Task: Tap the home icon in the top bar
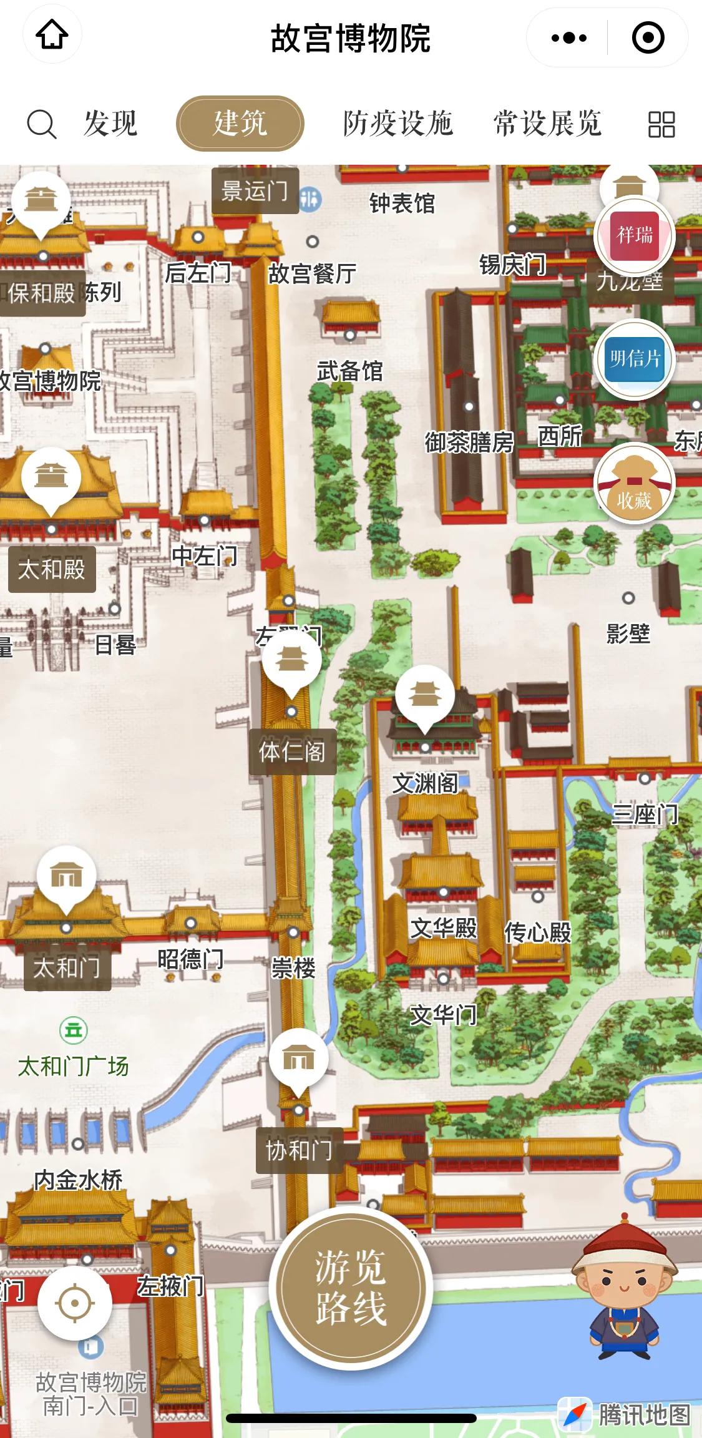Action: pyautogui.click(x=52, y=36)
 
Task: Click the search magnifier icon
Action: pyautogui.click(x=41, y=124)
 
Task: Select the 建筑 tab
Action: pyautogui.click(x=240, y=123)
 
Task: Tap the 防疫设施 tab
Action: pyautogui.click(x=397, y=123)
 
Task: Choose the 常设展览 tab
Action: pyautogui.click(x=547, y=123)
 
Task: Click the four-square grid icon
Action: pyautogui.click(x=661, y=124)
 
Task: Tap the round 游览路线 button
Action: pyautogui.click(x=351, y=1288)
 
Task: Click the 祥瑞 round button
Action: pyautogui.click(x=635, y=235)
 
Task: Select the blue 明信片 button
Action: pyautogui.click(x=635, y=359)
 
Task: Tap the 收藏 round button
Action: pyautogui.click(x=635, y=484)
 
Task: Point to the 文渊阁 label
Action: pyautogui.click(x=425, y=783)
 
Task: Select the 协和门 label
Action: pyautogui.click(x=299, y=1150)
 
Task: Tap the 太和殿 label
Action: pyautogui.click(x=52, y=569)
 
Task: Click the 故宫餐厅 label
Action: pyautogui.click(x=312, y=273)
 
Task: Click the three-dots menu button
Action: pyautogui.click(x=569, y=38)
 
